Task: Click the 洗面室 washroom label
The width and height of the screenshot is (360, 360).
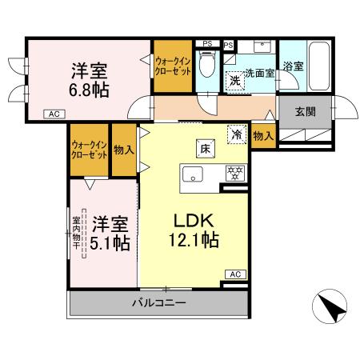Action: tap(259, 72)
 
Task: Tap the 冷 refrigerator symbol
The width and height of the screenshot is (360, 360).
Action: tap(237, 135)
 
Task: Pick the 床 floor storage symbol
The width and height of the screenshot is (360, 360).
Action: tap(204, 148)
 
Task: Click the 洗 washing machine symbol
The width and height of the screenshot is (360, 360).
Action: tap(235, 80)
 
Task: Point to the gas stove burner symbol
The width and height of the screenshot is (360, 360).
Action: tap(234, 172)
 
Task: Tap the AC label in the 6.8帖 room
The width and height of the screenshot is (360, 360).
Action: tap(54, 114)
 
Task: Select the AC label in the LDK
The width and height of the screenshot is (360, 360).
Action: tap(235, 274)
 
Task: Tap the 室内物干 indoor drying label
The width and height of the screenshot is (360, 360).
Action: tap(77, 231)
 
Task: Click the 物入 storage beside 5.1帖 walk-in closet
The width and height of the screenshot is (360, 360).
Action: tap(123, 149)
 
